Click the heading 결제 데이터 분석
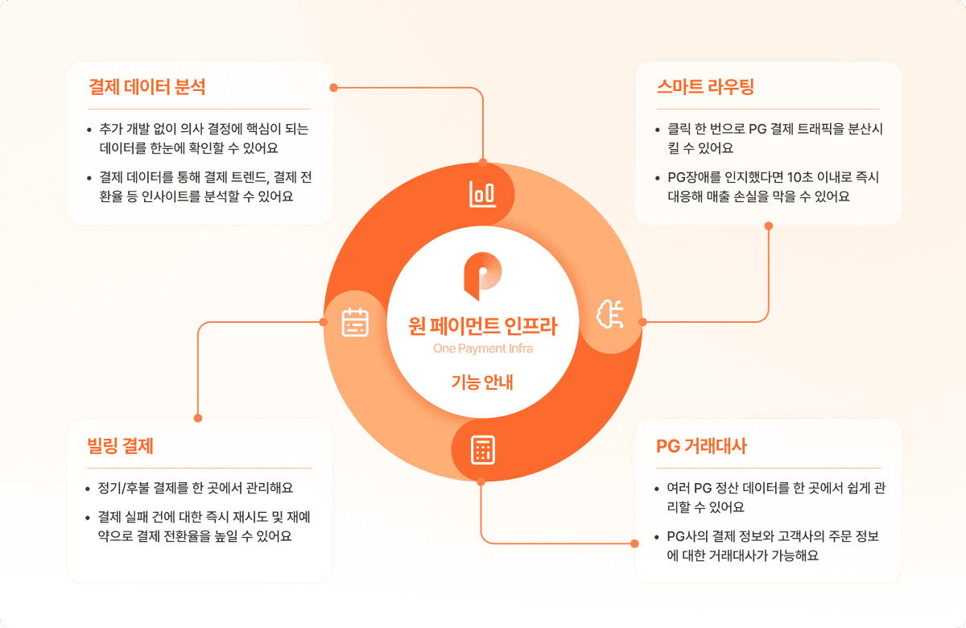147,87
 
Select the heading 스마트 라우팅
705,87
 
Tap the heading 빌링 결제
120,445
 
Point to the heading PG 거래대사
703,446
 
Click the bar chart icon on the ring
482,193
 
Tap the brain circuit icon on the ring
609,316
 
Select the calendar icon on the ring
355,321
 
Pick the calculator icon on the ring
482,450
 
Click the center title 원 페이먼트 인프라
482,326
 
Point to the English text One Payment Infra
482,349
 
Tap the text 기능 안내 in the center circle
482,382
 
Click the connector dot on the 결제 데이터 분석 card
332,86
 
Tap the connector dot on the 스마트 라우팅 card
768,225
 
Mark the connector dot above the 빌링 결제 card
198,419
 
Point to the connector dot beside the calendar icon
323,322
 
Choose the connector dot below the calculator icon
481,482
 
